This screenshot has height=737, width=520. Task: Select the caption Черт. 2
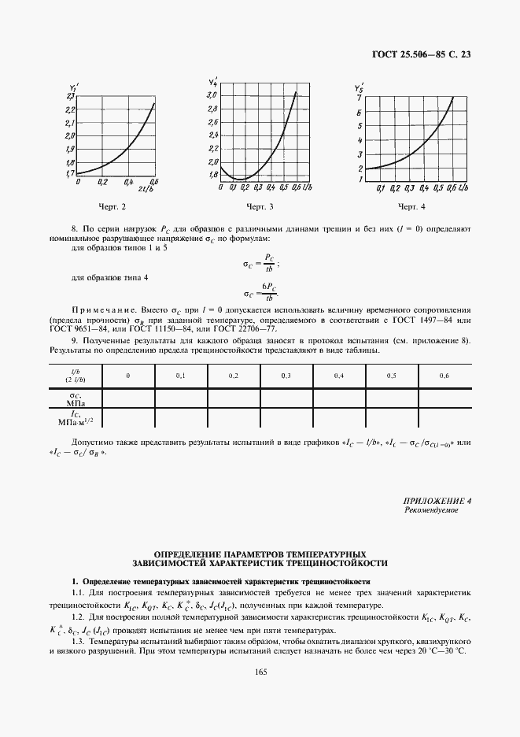coord(112,207)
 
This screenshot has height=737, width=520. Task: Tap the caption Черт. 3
coord(260,207)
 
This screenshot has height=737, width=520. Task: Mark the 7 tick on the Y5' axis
coord(360,97)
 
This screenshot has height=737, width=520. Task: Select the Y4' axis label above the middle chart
coord(212,82)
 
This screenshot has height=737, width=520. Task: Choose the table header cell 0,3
coord(286,376)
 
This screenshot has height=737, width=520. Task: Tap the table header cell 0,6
coord(444,376)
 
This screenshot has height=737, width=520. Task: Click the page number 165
coord(260,671)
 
